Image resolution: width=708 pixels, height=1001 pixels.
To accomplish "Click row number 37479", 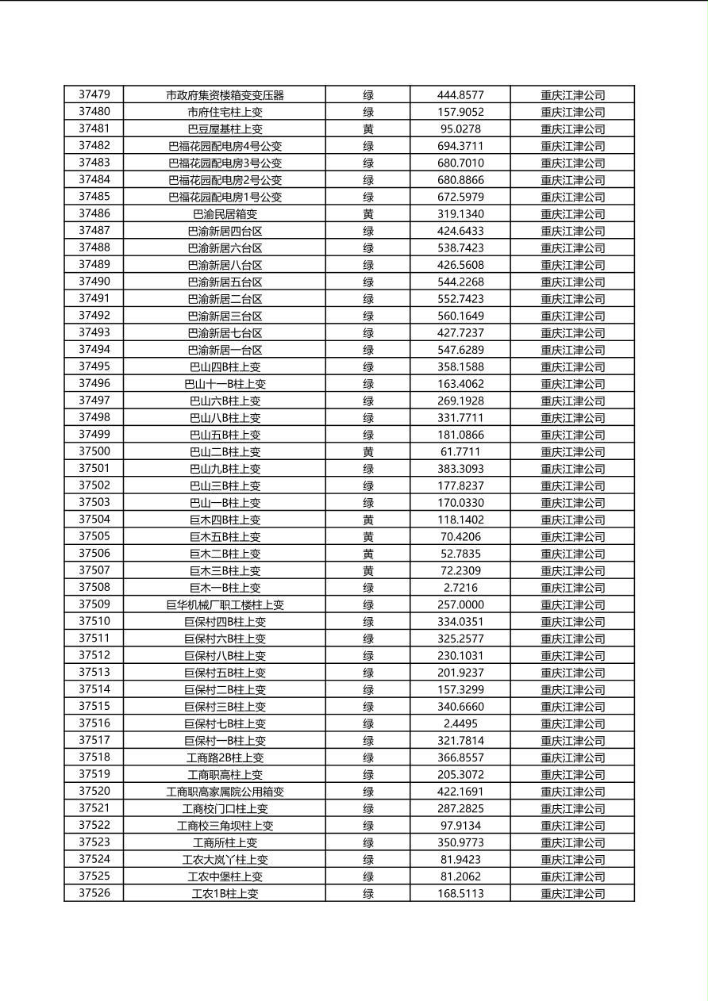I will tap(94, 94).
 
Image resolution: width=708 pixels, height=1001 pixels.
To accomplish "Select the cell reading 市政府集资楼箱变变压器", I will tap(225, 95).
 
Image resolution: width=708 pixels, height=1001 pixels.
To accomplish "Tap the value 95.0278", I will tap(460, 128).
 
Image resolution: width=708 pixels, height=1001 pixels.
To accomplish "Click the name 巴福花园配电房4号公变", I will tap(225, 146).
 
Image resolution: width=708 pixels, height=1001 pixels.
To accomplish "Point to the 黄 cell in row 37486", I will tap(368, 214).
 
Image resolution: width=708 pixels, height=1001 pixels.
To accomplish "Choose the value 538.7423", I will tap(460, 247).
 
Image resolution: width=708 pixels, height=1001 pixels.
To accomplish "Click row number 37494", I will tap(94, 350).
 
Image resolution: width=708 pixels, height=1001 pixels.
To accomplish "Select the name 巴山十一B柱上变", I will tap(225, 384).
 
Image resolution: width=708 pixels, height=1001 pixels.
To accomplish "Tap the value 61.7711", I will tap(460, 452).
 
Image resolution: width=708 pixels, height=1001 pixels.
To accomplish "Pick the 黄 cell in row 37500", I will tap(368, 452).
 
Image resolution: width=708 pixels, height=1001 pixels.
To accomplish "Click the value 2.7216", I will tap(460, 588).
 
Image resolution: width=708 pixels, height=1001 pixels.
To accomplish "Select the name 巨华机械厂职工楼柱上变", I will tap(225, 605).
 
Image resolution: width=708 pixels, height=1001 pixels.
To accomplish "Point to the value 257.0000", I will tap(460, 605).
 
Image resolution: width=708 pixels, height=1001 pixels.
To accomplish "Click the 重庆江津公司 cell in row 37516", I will tap(572, 723).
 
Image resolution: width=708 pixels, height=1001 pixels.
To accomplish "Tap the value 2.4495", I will tap(460, 723).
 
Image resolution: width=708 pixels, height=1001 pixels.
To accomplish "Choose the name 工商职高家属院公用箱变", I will tap(225, 792).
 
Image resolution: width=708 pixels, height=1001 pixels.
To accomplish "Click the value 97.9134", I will tap(460, 826).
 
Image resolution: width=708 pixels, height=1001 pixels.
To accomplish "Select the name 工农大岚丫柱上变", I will tap(225, 860).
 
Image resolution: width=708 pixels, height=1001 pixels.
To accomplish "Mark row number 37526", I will tap(94, 893).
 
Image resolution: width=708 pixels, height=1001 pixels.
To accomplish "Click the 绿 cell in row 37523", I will tap(368, 842).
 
